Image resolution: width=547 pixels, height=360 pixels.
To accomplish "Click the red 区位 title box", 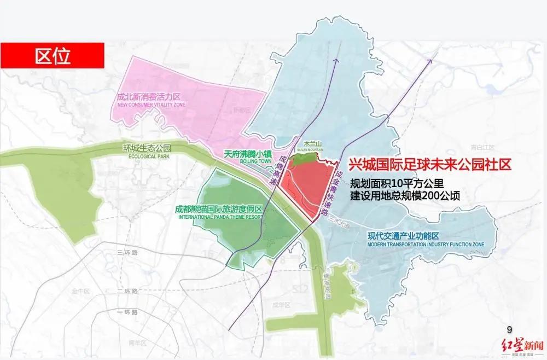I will click(53, 56).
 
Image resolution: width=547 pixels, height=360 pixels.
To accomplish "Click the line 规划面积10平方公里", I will click(399, 183).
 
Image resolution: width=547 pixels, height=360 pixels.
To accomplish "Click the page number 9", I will click(510, 329).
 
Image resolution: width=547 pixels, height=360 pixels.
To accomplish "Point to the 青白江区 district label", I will click(482, 147).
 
